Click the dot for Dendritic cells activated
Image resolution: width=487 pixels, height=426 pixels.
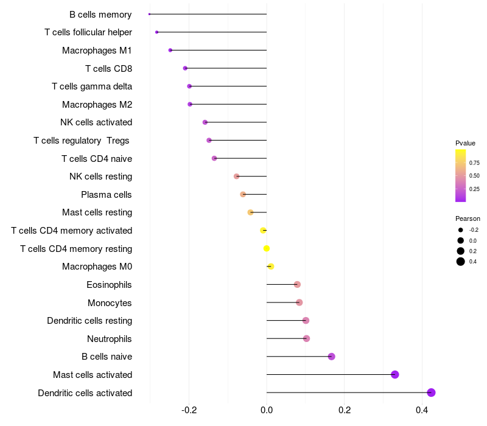click(x=431, y=393)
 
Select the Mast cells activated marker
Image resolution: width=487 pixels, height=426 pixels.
click(x=395, y=374)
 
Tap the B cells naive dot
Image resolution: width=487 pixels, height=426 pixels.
click(x=332, y=357)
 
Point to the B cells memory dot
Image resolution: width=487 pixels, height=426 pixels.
click(x=150, y=14)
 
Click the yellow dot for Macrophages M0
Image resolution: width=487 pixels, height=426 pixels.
click(x=271, y=267)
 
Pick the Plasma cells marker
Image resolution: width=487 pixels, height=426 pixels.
click(x=243, y=194)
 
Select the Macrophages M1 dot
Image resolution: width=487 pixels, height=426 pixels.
click(x=170, y=50)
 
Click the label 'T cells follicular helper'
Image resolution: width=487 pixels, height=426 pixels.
click(x=88, y=32)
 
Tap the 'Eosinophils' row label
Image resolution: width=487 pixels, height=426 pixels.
click(x=109, y=285)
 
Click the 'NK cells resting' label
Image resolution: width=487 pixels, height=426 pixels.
click(x=101, y=176)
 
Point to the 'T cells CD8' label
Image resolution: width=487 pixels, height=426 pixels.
click(x=108, y=68)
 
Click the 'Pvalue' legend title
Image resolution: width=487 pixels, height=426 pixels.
click(x=465, y=143)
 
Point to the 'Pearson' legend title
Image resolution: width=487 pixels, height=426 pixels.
click(x=468, y=218)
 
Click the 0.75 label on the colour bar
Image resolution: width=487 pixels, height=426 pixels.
click(x=474, y=163)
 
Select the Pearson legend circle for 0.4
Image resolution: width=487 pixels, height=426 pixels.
click(x=461, y=262)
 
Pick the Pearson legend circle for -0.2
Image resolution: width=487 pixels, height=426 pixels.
click(x=461, y=230)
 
